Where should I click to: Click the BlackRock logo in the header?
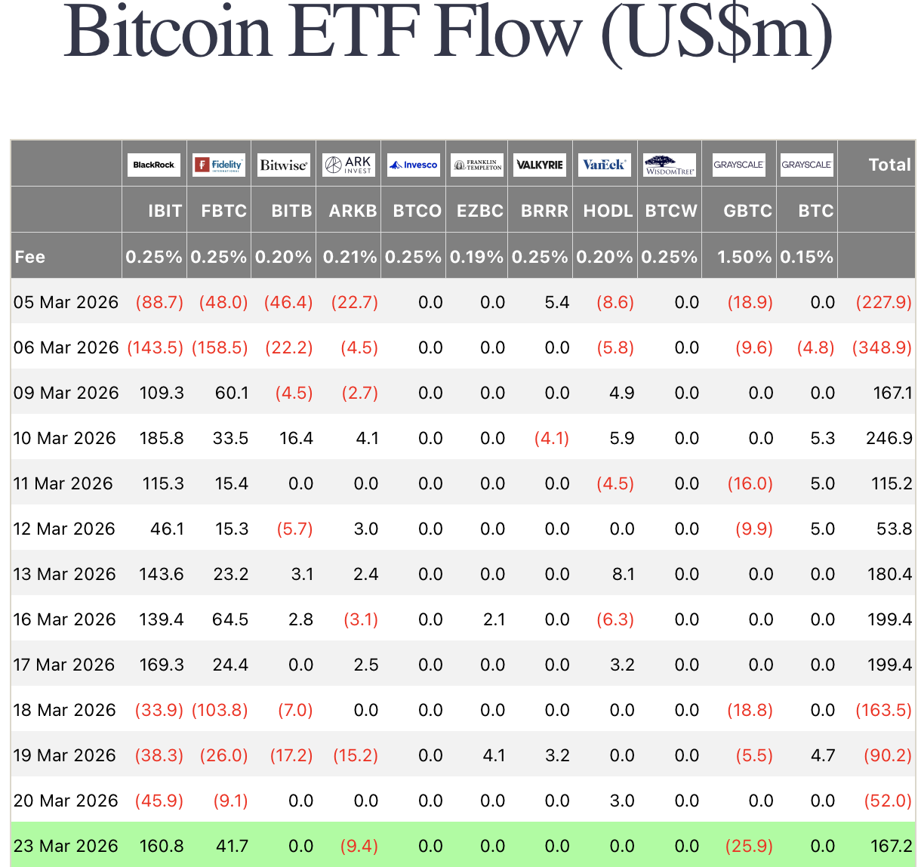[x=153, y=165]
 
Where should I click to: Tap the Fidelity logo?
[x=218, y=165]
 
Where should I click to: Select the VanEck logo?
[x=604, y=165]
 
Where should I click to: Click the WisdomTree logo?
[x=670, y=165]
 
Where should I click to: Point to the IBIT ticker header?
[x=165, y=211]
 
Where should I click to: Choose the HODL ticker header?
[x=608, y=211]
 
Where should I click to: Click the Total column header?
[x=889, y=165]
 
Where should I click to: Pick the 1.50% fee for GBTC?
[x=744, y=257]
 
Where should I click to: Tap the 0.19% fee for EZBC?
[x=476, y=257]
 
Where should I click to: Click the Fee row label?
[x=30, y=257]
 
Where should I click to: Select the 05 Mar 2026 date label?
[x=66, y=302]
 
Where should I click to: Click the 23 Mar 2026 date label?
[x=66, y=846]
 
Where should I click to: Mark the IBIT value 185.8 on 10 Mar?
[x=162, y=438]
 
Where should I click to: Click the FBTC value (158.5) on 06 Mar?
[x=220, y=347]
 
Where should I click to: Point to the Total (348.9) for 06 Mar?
[x=882, y=347]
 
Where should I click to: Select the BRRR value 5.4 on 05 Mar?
[x=556, y=302]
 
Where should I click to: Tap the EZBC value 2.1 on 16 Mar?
[x=494, y=619]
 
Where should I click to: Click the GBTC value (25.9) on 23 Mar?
[x=749, y=846]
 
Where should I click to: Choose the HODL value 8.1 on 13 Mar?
[x=623, y=574]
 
